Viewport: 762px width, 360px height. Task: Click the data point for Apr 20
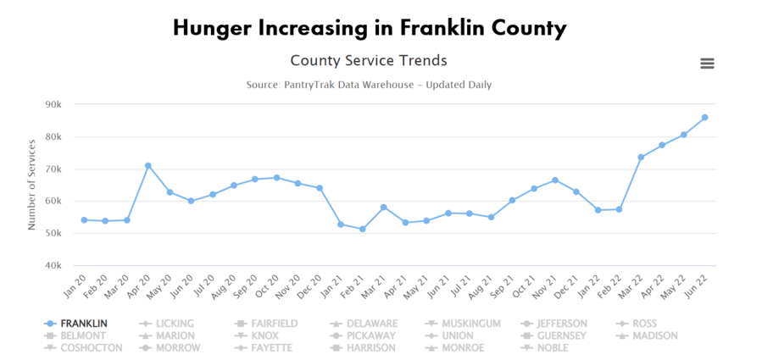tap(148, 166)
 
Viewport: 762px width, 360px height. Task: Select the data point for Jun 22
tap(704, 118)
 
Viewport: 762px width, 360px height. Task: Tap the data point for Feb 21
tap(362, 230)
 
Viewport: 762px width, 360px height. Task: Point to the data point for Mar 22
tap(641, 158)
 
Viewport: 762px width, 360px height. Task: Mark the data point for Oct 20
tap(276, 178)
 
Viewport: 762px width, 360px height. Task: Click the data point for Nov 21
tap(554, 180)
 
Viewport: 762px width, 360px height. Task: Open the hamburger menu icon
tap(707, 64)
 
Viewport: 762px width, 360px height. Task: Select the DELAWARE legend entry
tap(371, 324)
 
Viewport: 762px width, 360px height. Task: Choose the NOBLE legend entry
tap(551, 347)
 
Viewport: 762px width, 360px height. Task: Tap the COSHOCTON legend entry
tap(91, 347)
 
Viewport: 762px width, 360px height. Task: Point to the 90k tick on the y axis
tap(53, 104)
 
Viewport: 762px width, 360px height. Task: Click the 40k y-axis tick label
tap(53, 266)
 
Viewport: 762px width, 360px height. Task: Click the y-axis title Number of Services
tap(31, 185)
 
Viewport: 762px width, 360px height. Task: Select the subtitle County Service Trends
tap(369, 61)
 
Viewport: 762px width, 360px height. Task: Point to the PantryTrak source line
tap(369, 85)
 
